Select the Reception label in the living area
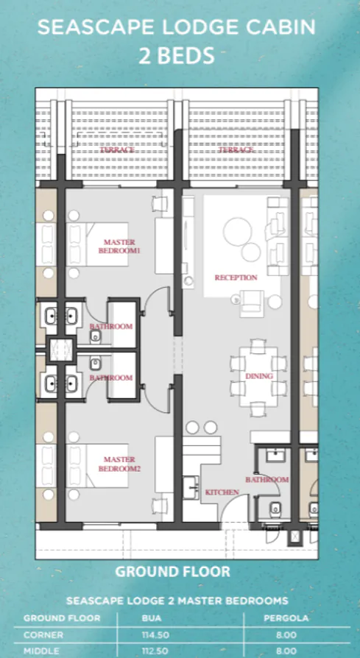[236, 277]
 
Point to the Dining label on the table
[259, 376]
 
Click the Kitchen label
[221, 492]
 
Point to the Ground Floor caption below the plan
[172, 571]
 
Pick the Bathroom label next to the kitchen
[267, 479]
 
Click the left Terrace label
[117, 149]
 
